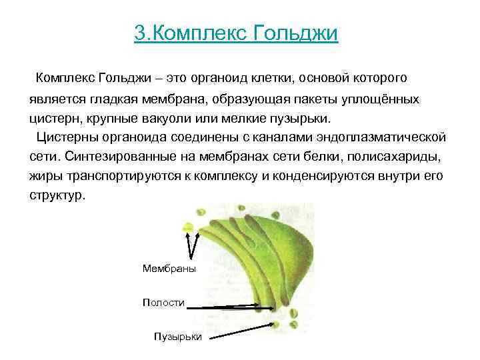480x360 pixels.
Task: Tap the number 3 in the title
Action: [x=138, y=33]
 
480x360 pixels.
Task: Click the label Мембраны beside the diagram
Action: [x=169, y=268]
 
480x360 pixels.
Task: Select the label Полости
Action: [x=163, y=303]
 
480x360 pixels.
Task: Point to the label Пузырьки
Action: [x=177, y=337]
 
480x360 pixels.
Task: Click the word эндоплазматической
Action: [x=387, y=138]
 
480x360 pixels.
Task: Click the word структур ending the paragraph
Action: [x=57, y=197]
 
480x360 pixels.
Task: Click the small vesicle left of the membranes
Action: [x=189, y=227]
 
